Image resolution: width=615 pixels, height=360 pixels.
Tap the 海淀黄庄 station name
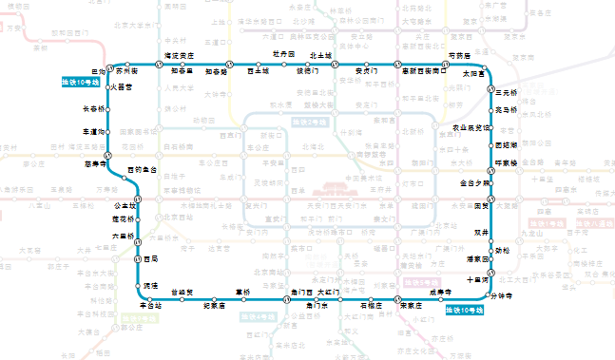pos(180,55)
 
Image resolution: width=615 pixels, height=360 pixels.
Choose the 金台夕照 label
pos(476,182)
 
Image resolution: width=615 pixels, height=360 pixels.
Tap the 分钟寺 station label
pos(501,296)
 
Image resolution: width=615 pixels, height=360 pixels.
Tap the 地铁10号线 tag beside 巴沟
pos(80,83)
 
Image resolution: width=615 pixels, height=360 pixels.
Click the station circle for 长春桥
pos(108,109)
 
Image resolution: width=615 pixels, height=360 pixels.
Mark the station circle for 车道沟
pos(108,131)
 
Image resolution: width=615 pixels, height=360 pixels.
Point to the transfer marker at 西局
pos(138,258)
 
